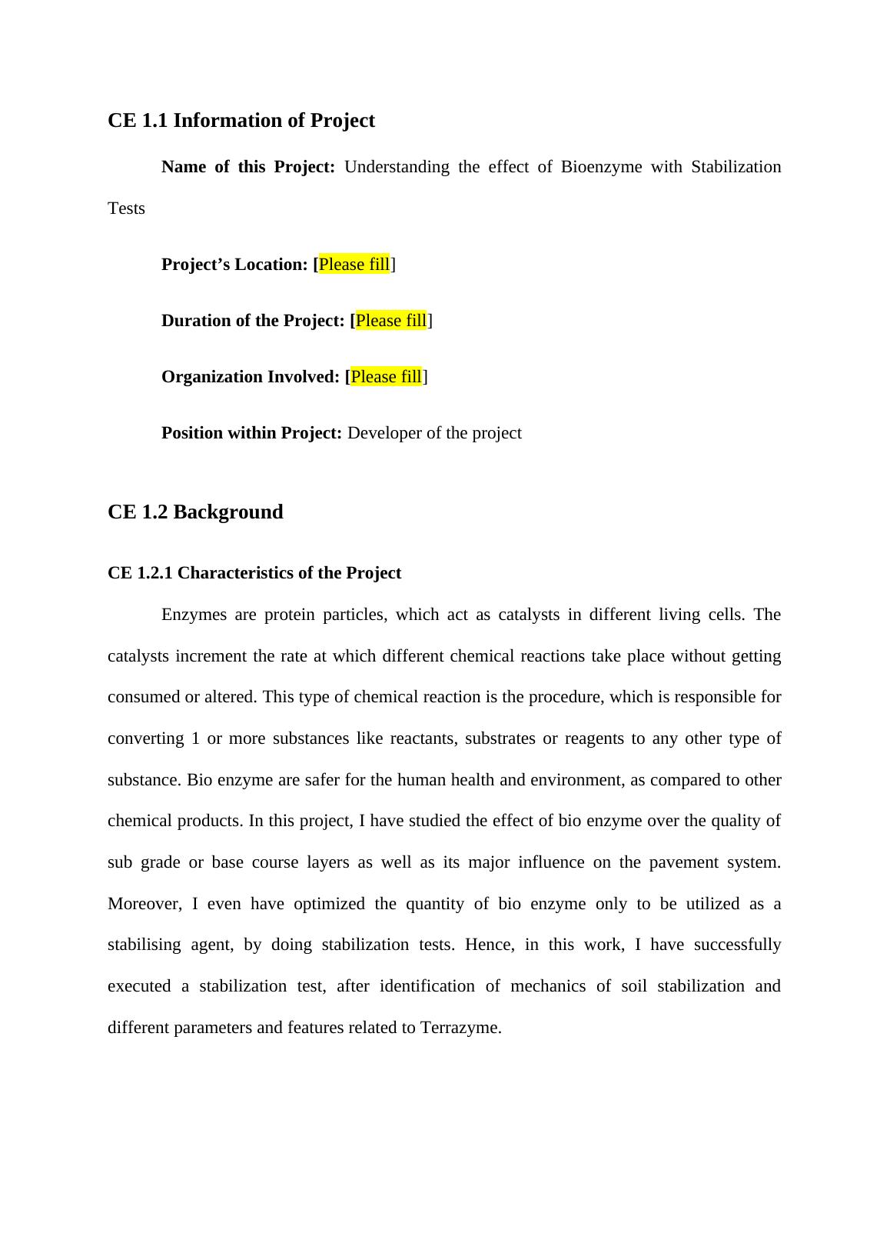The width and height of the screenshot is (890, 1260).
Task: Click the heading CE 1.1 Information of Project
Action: tap(241, 121)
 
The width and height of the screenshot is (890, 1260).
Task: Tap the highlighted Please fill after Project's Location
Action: tap(354, 265)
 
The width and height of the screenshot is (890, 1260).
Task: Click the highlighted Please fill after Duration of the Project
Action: tap(390, 321)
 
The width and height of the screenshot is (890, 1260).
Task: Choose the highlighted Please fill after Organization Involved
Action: tap(386, 377)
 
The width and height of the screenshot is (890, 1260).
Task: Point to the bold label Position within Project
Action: tap(251, 433)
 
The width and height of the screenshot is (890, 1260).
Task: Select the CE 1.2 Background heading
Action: tap(195, 512)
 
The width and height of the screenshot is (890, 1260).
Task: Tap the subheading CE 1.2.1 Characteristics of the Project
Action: tap(254, 573)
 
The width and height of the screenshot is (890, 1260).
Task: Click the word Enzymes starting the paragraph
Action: tap(194, 615)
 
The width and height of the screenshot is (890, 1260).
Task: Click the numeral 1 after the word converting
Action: tap(195, 738)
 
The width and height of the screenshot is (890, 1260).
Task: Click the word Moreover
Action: tap(144, 904)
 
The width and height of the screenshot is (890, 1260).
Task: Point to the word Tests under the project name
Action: tap(126, 208)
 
